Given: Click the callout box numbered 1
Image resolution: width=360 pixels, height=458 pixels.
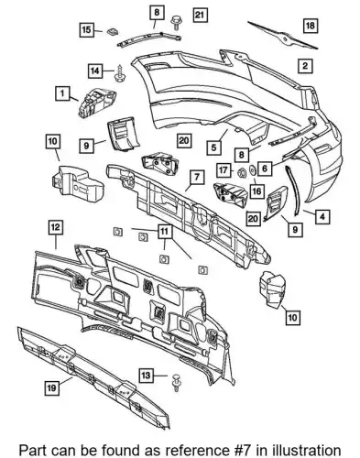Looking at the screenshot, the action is point(62,93).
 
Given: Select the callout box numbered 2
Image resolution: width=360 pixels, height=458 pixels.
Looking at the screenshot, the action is point(304,65).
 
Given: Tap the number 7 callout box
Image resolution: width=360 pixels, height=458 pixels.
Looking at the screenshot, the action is point(197,177).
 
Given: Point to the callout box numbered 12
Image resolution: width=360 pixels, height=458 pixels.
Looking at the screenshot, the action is point(56,227).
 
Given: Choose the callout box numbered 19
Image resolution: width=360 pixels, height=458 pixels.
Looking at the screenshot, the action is point(51,387).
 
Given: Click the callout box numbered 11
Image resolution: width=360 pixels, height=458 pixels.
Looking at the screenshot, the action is point(165,232).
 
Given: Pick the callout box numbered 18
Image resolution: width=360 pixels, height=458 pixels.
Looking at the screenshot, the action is point(311,26).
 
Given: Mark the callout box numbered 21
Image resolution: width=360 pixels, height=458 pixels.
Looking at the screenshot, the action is point(200,15).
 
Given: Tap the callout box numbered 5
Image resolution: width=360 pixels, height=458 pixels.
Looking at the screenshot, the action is point(213,147).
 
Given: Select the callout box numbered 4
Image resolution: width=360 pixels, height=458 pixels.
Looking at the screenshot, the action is point(322,216).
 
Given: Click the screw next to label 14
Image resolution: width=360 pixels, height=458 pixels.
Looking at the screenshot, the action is point(118,72).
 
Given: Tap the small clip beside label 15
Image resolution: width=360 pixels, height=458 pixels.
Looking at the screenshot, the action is point(113,31).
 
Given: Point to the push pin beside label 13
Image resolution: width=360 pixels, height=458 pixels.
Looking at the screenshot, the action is point(176,382).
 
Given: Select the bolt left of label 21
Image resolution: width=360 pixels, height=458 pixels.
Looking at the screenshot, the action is point(176,22).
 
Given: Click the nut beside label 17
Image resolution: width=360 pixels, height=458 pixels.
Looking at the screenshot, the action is point(242,173).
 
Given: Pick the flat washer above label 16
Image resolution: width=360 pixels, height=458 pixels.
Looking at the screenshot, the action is point(253,170).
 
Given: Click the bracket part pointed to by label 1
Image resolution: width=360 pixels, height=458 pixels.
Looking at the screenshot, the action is point(97,102).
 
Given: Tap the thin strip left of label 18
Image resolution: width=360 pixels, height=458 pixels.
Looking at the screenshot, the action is point(283,36).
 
